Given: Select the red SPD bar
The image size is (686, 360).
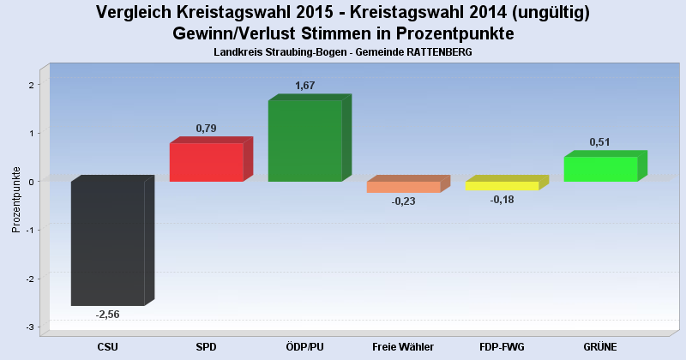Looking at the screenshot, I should click(x=206, y=162).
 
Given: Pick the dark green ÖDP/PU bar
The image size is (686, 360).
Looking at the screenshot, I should click(x=304, y=141).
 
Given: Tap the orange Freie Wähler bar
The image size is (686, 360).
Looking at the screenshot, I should click(x=403, y=187).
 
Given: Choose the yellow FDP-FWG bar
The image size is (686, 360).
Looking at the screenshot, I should click(x=502, y=185).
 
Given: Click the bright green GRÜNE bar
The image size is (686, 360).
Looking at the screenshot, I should click(x=600, y=169).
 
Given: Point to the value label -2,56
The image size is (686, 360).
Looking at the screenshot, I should click(x=107, y=315).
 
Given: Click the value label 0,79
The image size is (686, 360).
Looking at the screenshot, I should click(x=206, y=129).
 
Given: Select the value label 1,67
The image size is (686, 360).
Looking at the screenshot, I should click(x=304, y=86).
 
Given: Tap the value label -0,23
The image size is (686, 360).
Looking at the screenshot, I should click(x=403, y=201).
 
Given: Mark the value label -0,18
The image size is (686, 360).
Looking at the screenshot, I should click(x=502, y=200).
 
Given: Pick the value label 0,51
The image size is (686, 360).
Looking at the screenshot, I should click(x=600, y=142).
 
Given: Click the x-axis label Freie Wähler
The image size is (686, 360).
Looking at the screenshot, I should click(x=403, y=347).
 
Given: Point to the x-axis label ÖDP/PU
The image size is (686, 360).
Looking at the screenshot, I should click(x=304, y=347).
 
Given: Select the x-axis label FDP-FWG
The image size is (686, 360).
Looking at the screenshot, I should click(x=502, y=347).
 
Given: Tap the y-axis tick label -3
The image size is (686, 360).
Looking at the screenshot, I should click(x=29, y=327).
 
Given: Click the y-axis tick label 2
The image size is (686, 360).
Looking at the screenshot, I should click(x=30, y=85).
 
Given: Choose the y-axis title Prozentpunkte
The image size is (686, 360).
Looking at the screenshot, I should click(x=16, y=199).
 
